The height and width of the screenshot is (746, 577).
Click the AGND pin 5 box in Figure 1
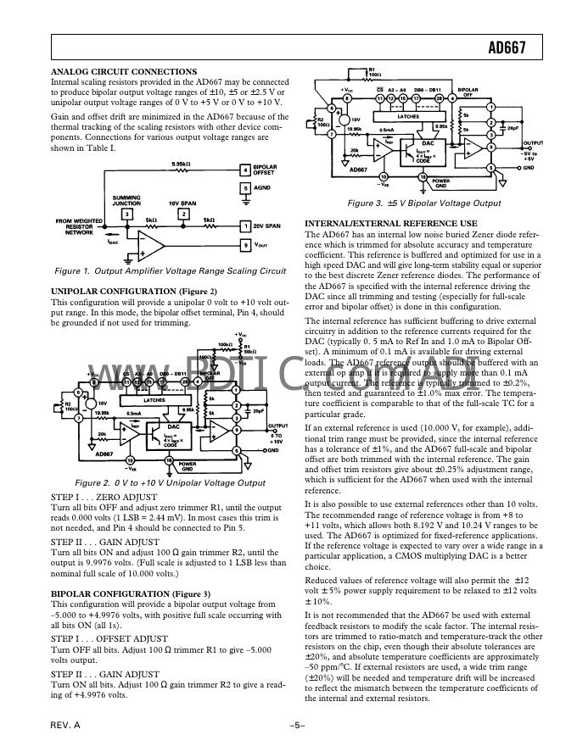coord(245,187)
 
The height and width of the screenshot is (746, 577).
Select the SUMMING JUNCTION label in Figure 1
coord(127,201)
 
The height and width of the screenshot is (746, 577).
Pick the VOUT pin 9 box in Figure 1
coord(245,245)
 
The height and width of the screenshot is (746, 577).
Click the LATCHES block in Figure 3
coord(408,115)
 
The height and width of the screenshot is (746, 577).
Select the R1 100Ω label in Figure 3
coord(376,73)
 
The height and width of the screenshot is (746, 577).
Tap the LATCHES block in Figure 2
coord(154,398)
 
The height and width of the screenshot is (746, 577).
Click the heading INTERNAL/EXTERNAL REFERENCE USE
coord(384,223)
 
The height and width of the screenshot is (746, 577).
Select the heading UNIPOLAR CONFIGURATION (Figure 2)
coord(135,292)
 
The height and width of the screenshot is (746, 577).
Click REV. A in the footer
coord(65,726)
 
